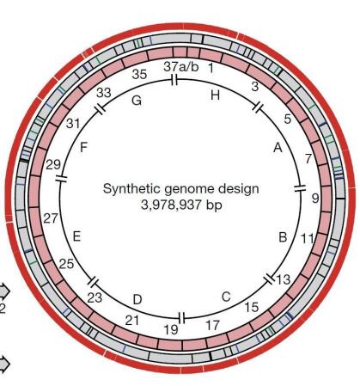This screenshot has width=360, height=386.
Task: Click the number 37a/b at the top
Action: (181, 67)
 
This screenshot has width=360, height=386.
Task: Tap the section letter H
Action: (216, 95)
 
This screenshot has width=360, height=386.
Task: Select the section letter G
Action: (137, 101)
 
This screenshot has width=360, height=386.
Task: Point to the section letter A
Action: (278, 148)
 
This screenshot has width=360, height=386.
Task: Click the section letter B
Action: (283, 237)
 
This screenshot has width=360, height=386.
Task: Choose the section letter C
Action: (226, 297)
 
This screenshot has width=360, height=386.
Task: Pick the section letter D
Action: (137, 299)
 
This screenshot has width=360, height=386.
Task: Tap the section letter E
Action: (76, 236)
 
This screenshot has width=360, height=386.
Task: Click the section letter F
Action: (83, 148)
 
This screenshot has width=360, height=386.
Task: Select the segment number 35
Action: (139, 74)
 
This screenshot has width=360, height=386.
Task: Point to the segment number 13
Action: (283, 279)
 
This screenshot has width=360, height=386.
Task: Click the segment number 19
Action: (171, 329)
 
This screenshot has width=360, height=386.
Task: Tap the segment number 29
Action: (53, 165)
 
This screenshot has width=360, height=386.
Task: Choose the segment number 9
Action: (315, 198)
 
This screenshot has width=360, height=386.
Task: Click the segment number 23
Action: (95, 297)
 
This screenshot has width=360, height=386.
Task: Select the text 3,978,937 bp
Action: (181, 205)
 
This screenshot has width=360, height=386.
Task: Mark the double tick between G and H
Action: (174, 79)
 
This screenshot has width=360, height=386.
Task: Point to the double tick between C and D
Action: (182, 318)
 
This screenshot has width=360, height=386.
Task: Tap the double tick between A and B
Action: (300, 188)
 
